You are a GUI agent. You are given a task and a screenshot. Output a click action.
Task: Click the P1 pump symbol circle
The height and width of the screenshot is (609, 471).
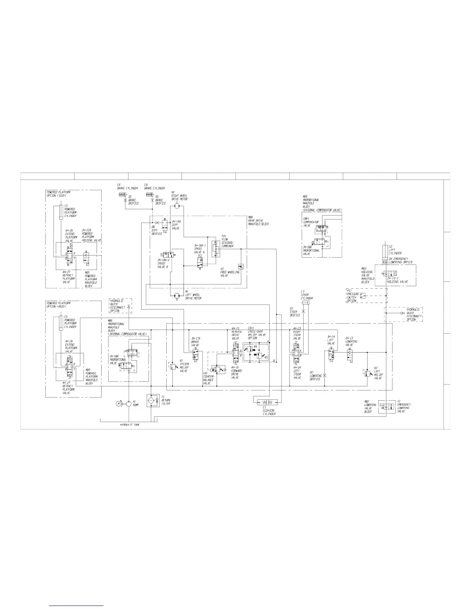(128, 403)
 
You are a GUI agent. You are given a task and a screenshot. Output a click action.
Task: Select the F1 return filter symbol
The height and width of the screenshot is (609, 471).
(153, 401)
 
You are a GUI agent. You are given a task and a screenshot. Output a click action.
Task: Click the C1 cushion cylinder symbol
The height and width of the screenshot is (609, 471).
(270, 403)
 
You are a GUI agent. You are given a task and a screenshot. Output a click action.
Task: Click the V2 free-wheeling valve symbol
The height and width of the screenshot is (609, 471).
(241, 266)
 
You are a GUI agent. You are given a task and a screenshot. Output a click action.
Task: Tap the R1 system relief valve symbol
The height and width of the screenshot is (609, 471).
(173, 366)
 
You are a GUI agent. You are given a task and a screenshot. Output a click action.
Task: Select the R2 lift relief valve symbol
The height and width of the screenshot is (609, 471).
(367, 373)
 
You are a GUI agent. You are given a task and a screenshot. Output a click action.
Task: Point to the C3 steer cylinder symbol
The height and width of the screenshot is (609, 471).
(306, 303)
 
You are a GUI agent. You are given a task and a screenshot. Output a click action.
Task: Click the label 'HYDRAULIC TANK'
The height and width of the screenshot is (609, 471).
(130, 425)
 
